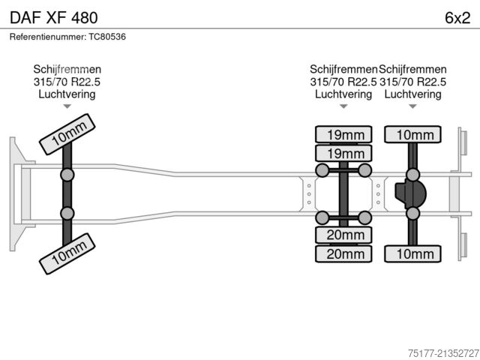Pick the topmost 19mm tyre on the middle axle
[x=343, y=135]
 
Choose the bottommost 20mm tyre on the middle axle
[x=343, y=254]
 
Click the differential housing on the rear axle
[x=411, y=194]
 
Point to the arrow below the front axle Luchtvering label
[x=67, y=106]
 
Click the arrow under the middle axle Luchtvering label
[x=343, y=106]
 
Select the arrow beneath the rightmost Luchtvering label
[x=412, y=106]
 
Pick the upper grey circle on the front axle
[x=67, y=175]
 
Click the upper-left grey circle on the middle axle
[x=322, y=171]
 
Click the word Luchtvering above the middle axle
[x=343, y=94]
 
